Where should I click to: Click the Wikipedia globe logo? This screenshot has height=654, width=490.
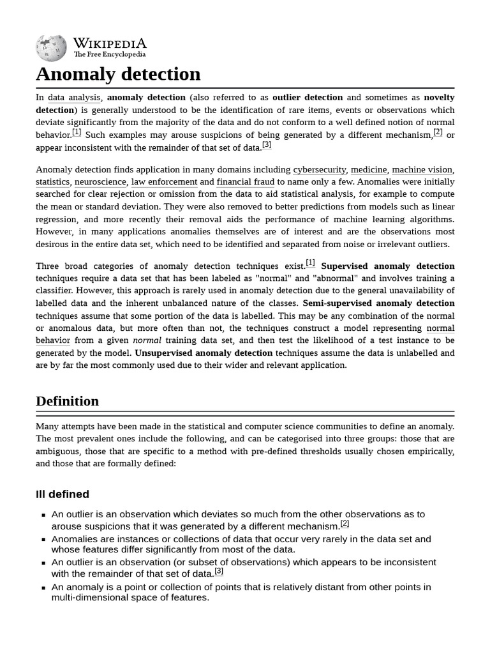pyautogui.click(x=52, y=49)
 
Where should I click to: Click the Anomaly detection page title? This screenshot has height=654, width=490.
pyautogui.click(x=118, y=74)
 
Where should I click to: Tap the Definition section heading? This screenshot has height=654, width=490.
pyautogui.click(x=67, y=401)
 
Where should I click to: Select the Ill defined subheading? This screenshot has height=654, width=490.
pyautogui.click(x=63, y=494)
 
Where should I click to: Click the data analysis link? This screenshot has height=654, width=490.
pyautogui.click(x=74, y=98)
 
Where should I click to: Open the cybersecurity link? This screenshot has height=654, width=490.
pyautogui.click(x=319, y=170)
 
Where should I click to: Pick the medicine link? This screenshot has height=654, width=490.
pyautogui.click(x=369, y=170)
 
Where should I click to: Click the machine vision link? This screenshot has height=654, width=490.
pyautogui.click(x=422, y=170)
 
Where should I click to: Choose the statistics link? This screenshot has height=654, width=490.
pyautogui.click(x=52, y=182)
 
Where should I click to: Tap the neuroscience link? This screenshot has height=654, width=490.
pyautogui.click(x=100, y=182)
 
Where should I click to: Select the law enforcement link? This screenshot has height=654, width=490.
pyautogui.click(x=164, y=182)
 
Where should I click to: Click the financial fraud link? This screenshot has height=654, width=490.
pyautogui.click(x=246, y=182)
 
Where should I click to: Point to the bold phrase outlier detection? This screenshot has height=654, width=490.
pyautogui.click(x=308, y=98)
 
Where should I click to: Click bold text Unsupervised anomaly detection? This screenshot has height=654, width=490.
pyautogui.click(x=204, y=353)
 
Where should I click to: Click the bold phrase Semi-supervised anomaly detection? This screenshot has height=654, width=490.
pyautogui.click(x=378, y=303)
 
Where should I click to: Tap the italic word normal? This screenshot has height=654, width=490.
pyautogui.click(x=147, y=340)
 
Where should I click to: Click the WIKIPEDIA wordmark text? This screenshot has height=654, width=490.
pyautogui.click(x=110, y=43)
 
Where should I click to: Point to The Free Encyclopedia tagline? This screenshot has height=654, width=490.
pyautogui.click(x=110, y=55)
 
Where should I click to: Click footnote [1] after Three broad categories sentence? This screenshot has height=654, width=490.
pyautogui.click(x=310, y=263)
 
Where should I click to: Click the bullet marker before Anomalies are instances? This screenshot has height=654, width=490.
pyautogui.click(x=43, y=540)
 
